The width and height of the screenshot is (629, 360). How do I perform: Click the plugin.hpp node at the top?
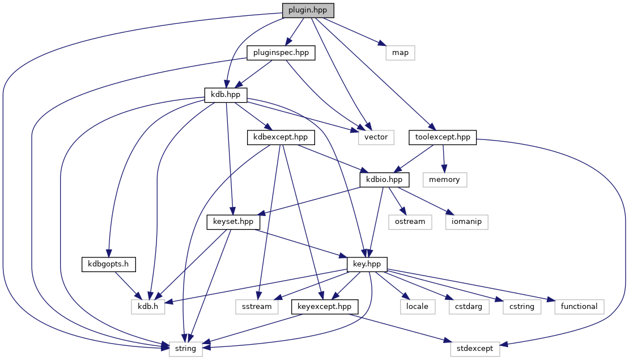coord(308,10)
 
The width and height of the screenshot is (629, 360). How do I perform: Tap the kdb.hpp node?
coord(226,95)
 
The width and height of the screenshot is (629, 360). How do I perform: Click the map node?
coord(400,53)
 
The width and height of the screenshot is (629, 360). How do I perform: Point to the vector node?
coord(376,137)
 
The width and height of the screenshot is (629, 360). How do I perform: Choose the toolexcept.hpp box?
coord(443,137)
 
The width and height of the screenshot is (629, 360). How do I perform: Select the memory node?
coord(445,179)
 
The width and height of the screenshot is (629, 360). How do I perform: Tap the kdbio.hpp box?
coord(384,179)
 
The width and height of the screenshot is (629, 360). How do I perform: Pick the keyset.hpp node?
coord(233,222)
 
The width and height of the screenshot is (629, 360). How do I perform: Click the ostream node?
coord(410,222)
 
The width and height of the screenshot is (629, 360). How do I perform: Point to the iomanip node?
coord(467,222)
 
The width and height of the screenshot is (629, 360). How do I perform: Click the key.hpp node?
coord(367,264)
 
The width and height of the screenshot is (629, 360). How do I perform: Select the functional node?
coord(579,306)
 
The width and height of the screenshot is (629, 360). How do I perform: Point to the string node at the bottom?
coord(186,349)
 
